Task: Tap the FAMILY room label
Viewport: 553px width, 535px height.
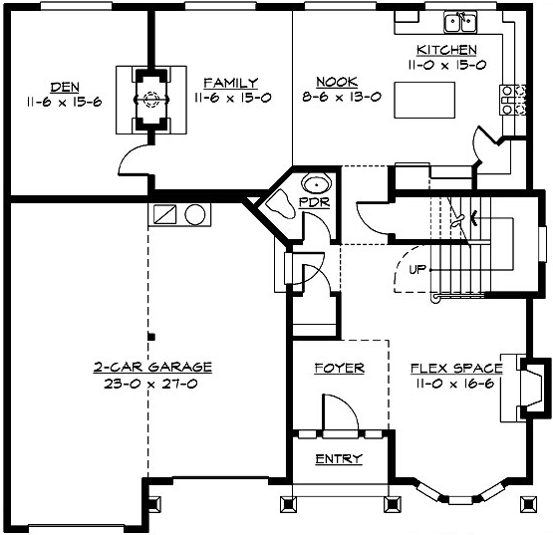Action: click(230, 83)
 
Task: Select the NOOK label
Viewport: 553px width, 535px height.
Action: click(332, 83)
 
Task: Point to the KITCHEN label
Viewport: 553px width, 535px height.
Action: click(446, 51)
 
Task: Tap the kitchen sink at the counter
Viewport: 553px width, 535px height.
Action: click(460, 22)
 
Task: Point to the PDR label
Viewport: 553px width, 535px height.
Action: click(312, 204)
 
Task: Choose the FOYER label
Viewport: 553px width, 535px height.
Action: click(339, 368)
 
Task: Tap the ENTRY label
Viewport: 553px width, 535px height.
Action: click(339, 458)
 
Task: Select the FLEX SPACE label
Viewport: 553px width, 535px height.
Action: click(456, 368)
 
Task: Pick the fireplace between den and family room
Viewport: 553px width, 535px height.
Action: click(151, 100)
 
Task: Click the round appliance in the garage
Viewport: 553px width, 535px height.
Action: click(195, 214)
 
